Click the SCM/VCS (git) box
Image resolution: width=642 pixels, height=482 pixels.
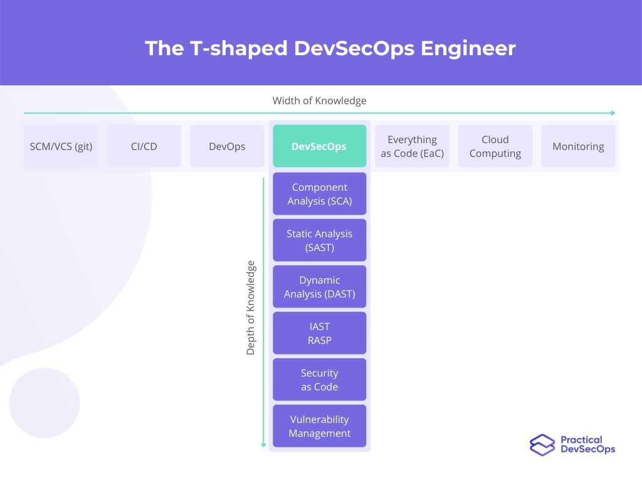pos(61,146)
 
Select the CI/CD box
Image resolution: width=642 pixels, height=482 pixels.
pos(144,146)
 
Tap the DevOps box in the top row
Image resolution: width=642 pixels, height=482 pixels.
pos(227,146)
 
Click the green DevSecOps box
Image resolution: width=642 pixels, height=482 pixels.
pos(319,146)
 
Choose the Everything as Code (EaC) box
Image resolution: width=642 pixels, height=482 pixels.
pos(412,146)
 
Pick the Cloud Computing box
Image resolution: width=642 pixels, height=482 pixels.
pos(495,146)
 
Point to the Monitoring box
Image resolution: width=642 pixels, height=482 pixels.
pos(578,146)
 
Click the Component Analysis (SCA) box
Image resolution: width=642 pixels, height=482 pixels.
pos(319,194)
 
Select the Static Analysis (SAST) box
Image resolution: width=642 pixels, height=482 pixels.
pos(319,240)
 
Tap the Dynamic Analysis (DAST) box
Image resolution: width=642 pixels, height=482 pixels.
pos(319,287)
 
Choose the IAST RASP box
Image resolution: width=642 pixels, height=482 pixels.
pos(319,333)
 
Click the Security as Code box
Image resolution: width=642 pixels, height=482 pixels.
pos(319,380)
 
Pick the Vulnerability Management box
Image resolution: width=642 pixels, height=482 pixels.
pos(319,426)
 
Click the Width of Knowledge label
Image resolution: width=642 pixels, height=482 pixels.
pos(319,100)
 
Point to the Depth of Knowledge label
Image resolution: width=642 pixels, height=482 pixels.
pos(251,308)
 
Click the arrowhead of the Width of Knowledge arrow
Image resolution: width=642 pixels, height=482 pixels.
pos(613,113)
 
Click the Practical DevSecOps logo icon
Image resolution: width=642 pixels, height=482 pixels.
pos(542,445)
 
